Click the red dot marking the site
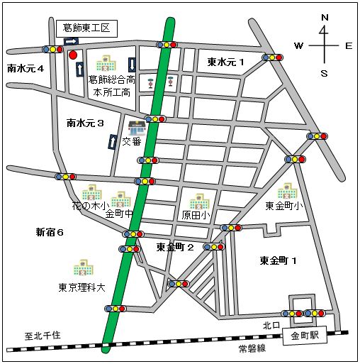[x=73, y=54]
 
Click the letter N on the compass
[x=324, y=17]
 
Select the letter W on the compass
[x=298, y=46]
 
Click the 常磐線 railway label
[x=251, y=348]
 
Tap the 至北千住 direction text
[x=44, y=336]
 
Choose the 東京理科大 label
[x=81, y=288]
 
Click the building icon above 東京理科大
[x=81, y=269]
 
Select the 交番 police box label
[x=132, y=141]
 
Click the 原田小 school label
[x=196, y=214]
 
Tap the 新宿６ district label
[x=50, y=232]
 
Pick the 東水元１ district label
[x=225, y=62]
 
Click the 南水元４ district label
[x=26, y=69]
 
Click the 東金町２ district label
[x=175, y=247]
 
